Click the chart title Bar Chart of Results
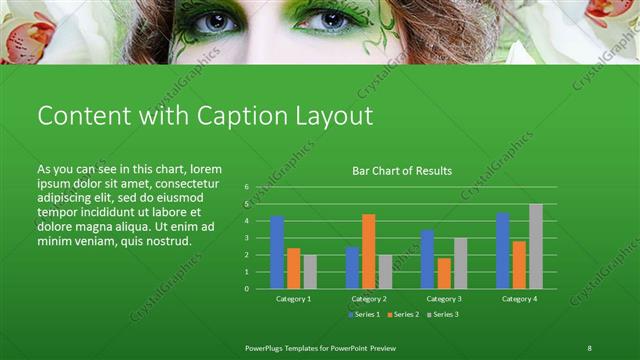[402, 171]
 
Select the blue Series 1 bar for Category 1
[277, 252]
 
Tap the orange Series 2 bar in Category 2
[369, 251]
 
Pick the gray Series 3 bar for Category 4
[536, 246]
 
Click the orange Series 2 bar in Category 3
[444, 273]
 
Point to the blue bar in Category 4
[503, 250]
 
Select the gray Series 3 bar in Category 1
[310, 271]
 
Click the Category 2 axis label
[369, 299]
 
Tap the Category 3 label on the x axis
[444, 299]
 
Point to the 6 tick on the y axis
[246, 187]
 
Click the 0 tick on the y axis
[246, 288]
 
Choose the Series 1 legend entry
[364, 315]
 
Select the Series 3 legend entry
[444, 315]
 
